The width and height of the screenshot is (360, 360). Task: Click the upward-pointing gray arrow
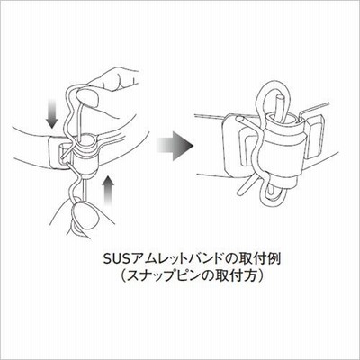pyautogui.click(x=108, y=191)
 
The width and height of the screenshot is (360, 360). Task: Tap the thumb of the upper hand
pyautogui.click(x=87, y=98)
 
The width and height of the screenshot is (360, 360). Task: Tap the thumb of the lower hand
pyautogui.click(x=85, y=213)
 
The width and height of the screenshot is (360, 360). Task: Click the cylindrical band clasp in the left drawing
pyautogui.click(x=85, y=156)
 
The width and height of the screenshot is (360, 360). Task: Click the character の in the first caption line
pyautogui.click(x=229, y=259)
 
